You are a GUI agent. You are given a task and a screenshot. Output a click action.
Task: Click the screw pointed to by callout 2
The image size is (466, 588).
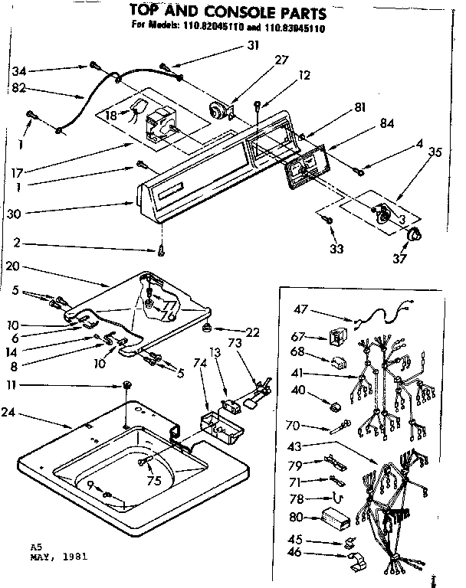pos(161,250)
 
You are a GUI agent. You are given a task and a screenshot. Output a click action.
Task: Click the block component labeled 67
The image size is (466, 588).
pos(334,336)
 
